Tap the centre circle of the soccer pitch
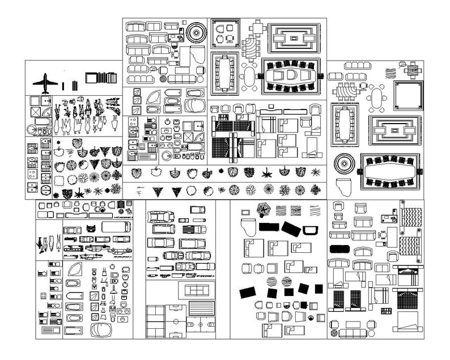coord(173,321)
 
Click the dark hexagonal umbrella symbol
coord(264,209)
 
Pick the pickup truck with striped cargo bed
coord(194,228)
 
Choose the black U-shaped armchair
coord(309,229)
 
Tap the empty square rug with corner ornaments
coord(409,95)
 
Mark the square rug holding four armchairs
coord(225,33)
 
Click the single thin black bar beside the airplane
coord(63,86)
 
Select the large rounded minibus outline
coord(111,227)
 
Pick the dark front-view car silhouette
coord(91,228)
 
